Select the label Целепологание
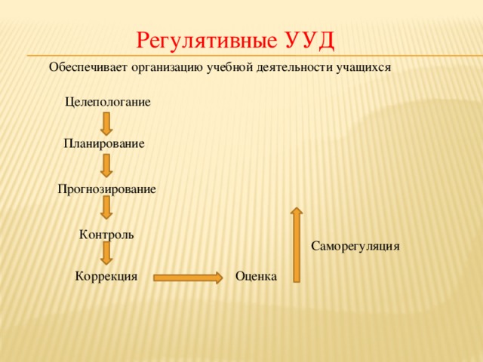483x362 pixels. tap(108, 102)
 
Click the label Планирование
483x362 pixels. tap(104, 143)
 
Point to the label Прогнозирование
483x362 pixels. tap(107, 189)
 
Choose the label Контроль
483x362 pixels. tap(106, 235)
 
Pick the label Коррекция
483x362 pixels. tap(106, 277)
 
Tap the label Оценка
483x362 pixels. tap(256, 277)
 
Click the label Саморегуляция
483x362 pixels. tap(355, 246)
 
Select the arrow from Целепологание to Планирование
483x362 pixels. tap(107, 123)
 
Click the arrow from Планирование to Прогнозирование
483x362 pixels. tap(107, 166)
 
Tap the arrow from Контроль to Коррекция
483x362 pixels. tap(107, 253)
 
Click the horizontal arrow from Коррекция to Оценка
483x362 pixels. tap(188, 278)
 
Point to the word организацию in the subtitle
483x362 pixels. tap(165, 67)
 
